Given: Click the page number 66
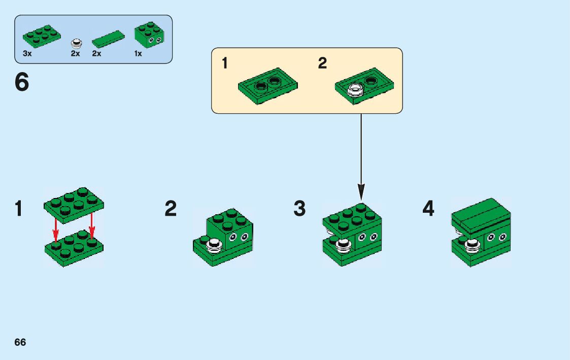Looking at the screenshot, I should [20, 342].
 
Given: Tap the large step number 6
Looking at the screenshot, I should [22, 83].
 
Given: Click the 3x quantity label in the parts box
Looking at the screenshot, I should [27, 53].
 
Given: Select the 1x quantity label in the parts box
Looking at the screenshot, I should [138, 53].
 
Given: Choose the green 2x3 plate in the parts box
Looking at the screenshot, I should [42, 36].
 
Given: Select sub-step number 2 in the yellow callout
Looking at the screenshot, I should [322, 64].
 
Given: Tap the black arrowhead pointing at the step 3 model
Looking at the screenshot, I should [361, 193].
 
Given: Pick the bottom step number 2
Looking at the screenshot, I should [171, 209].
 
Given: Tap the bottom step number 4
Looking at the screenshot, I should [428, 209].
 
